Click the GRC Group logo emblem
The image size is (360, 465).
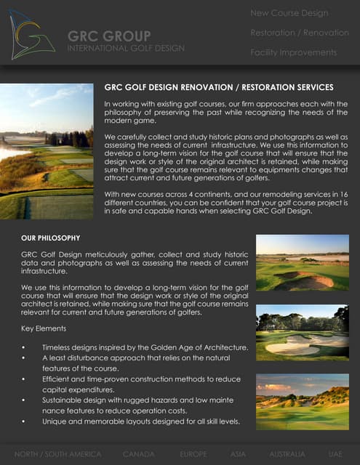coord(32,34)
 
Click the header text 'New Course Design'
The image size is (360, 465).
coord(289,13)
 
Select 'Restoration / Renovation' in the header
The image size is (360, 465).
coord(300,33)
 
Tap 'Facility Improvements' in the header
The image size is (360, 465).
coord(293,52)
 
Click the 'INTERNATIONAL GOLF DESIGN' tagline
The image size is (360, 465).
coord(126,48)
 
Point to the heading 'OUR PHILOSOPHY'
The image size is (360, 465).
coord(56,238)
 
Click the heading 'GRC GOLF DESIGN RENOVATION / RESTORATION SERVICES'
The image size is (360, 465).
coord(219,87)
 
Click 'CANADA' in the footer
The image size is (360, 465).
coord(138,454)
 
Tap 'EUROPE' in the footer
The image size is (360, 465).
coord(193,454)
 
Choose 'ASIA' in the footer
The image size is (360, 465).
coord(238,454)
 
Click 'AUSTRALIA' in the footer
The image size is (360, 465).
coord(287,454)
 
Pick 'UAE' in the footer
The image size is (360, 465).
coord(335,454)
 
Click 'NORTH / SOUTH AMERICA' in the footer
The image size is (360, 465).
coord(57,454)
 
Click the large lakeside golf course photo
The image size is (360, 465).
coord(47,151)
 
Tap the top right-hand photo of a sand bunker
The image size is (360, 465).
coord(302,262)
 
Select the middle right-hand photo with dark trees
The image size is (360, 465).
coord(302,333)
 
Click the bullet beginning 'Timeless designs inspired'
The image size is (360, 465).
coord(145,347)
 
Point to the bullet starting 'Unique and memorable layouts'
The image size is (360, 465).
coord(141,421)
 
